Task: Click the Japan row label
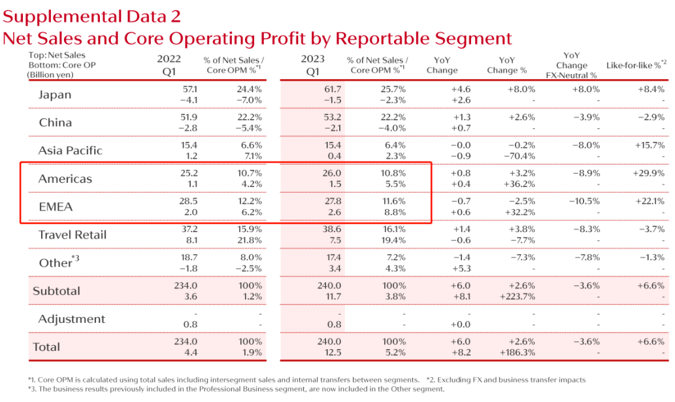(54, 94)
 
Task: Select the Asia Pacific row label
(70, 150)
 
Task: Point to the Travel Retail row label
(72, 235)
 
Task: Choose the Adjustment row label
(71, 319)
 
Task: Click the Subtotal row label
(57, 291)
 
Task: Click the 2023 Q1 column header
(312, 64)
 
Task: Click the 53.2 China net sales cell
(332, 116)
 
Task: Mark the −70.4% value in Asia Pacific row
(519, 156)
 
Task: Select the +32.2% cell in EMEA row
(519, 212)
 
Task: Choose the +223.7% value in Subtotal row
(517, 297)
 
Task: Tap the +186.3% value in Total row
(517, 353)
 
